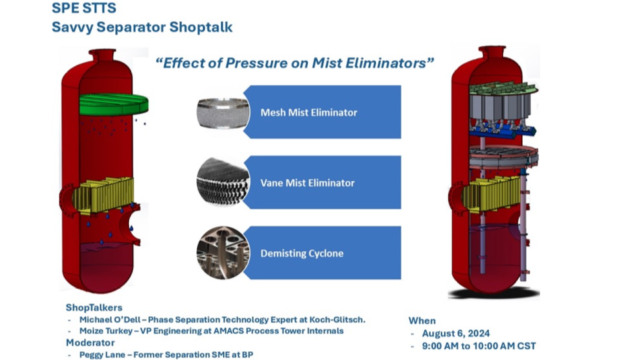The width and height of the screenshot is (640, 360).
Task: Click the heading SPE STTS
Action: (x=84, y=7)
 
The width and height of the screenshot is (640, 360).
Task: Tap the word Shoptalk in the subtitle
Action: (x=201, y=27)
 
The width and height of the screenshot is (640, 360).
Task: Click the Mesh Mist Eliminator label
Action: (x=308, y=112)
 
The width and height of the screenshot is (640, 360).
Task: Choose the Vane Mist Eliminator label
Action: (x=307, y=183)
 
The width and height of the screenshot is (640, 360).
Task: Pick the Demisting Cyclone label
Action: (x=302, y=253)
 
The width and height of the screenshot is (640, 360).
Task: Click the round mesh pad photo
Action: (x=223, y=113)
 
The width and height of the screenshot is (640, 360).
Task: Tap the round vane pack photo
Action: (x=223, y=181)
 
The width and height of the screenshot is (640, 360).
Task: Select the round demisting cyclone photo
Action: (x=223, y=253)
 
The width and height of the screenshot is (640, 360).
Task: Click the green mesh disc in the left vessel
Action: (x=113, y=104)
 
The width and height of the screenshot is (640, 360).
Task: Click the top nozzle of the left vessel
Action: (x=102, y=54)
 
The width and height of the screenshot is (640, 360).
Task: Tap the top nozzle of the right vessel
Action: (x=492, y=51)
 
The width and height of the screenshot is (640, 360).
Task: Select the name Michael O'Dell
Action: (x=109, y=319)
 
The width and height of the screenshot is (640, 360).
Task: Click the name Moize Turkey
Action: (x=106, y=331)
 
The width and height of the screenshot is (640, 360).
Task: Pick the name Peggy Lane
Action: (x=102, y=355)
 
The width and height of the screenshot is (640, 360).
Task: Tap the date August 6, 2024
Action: (x=456, y=333)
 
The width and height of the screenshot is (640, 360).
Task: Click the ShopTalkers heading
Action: (x=94, y=307)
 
